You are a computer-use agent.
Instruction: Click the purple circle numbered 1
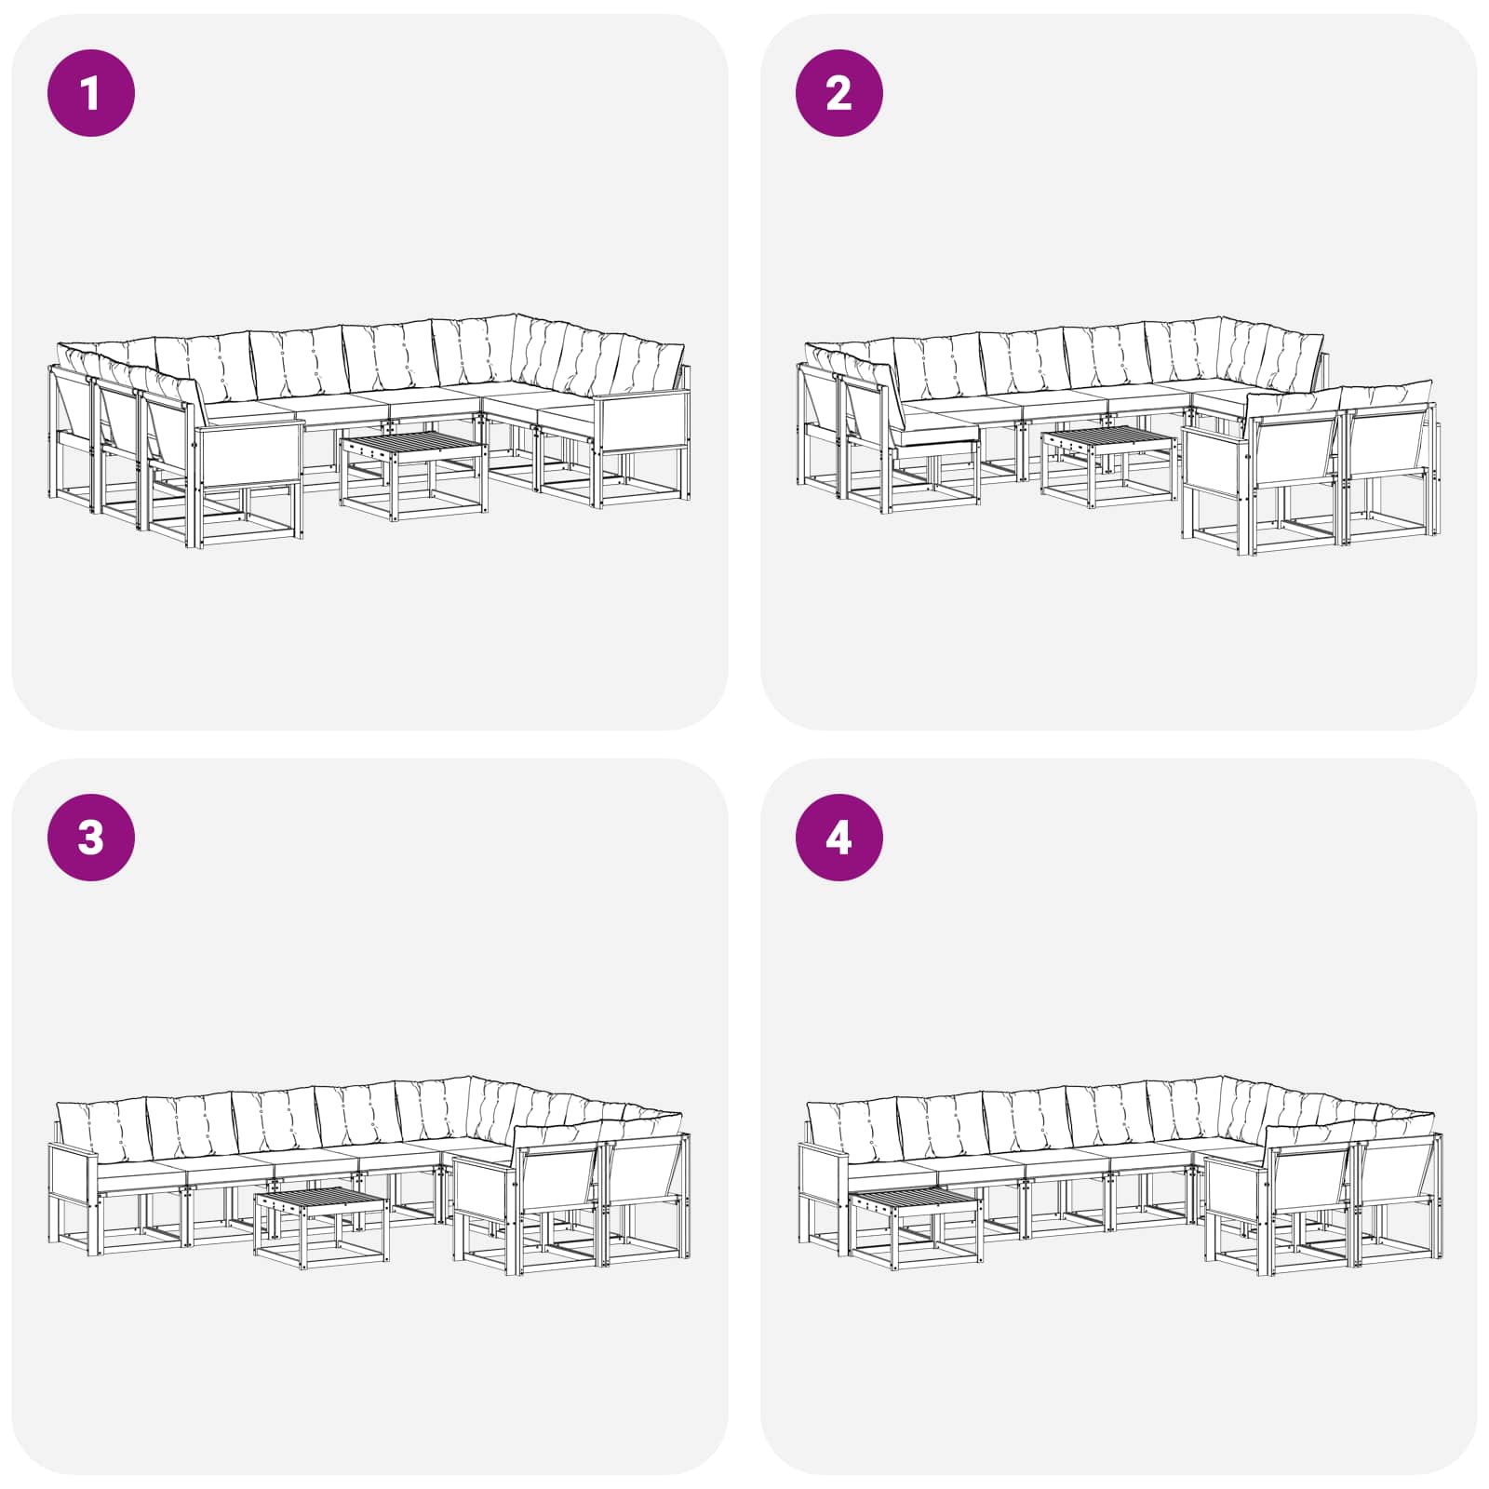[91, 93]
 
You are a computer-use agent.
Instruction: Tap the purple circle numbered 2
[839, 93]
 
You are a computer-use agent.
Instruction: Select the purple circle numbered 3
[91, 838]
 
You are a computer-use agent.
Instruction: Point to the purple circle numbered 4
[839, 838]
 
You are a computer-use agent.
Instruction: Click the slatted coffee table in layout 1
[413, 473]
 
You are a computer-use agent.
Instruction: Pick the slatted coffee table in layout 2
[1108, 465]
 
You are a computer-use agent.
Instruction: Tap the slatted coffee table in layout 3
[321, 1227]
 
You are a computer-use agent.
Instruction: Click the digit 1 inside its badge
[90, 93]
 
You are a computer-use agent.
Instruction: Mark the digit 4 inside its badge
[838, 838]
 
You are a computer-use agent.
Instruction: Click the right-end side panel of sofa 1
[642, 423]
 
